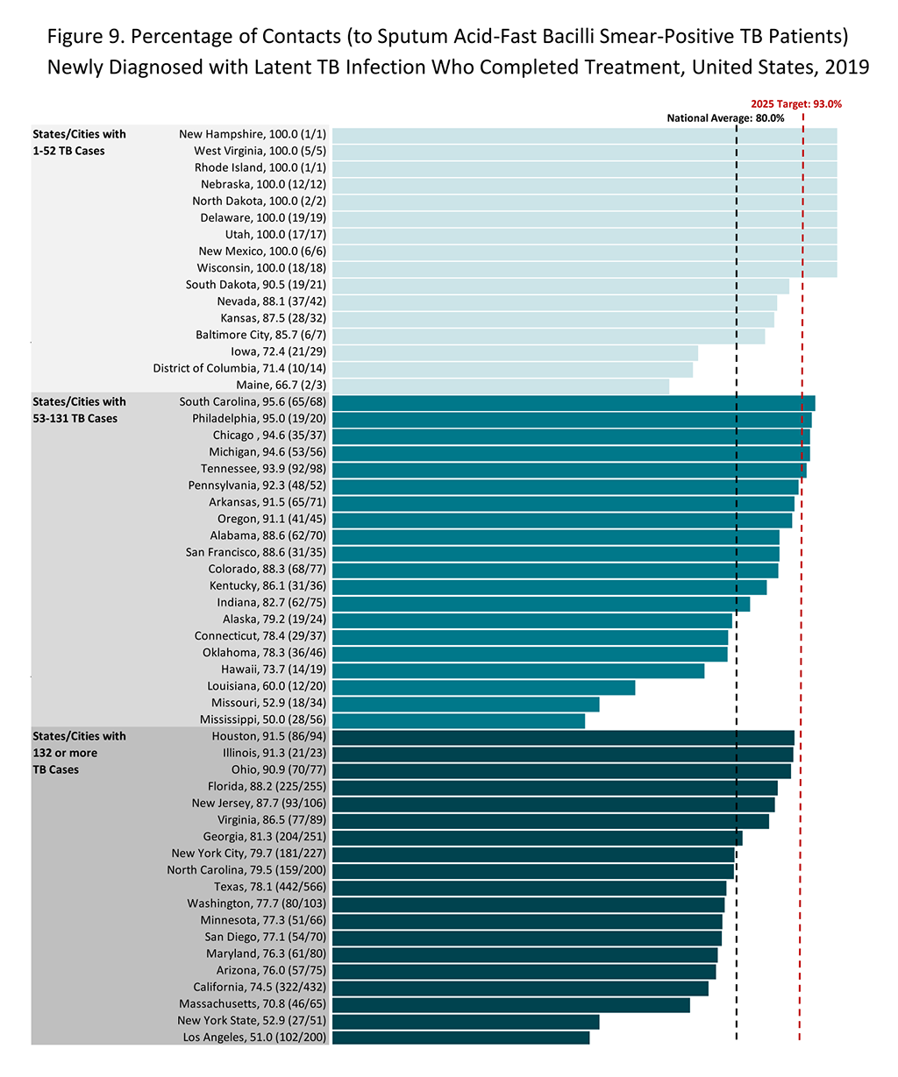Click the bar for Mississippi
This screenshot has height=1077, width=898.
[458, 720]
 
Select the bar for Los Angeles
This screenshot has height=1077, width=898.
[460, 1038]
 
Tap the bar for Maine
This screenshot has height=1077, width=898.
[500, 386]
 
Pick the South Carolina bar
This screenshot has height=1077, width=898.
[574, 403]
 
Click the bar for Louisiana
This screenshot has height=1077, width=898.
[483, 687]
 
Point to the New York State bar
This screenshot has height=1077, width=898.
[466, 1021]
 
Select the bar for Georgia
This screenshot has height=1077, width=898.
[537, 838]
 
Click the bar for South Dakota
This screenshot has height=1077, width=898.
[560, 286]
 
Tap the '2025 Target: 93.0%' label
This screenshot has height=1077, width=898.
[796, 103]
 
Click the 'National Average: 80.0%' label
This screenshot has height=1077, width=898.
[725, 118]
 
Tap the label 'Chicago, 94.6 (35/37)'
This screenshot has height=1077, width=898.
[269, 436]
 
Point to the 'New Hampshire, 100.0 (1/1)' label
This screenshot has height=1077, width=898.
[253, 135]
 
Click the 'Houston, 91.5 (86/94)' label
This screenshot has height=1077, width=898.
[268, 737]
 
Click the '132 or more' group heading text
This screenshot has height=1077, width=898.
[65, 754]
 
